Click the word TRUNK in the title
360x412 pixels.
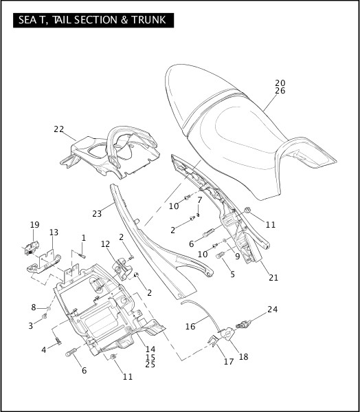(x=146, y=21)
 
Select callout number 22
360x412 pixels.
(x=58, y=129)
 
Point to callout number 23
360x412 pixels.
(x=97, y=214)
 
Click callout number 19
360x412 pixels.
(x=34, y=224)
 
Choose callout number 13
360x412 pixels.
(x=54, y=232)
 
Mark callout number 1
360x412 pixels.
(x=83, y=237)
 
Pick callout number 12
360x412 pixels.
(x=105, y=244)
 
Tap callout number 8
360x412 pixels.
(x=33, y=307)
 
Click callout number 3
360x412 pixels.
(x=30, y=325)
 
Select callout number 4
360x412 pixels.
(x=44, y=350)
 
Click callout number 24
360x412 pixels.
(x=273, y=310)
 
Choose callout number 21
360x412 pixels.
(x=273, y=279)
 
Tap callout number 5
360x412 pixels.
(x=232, y=274)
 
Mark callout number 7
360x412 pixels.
(x=200, y=200)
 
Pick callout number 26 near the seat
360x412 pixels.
(x=280, y=91)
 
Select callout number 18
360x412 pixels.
(x=243, y=356)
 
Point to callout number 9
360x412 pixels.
(x=237, y=257)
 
